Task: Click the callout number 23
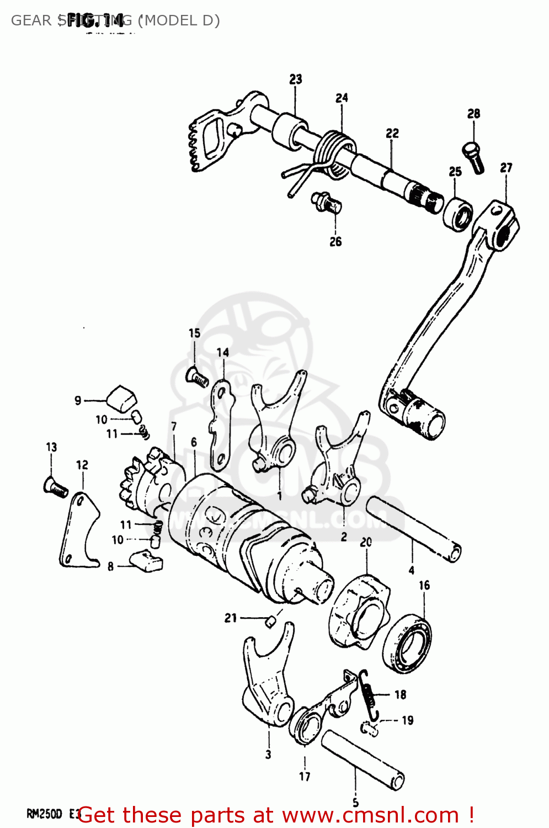coord(296,79)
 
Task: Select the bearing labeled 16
coord(408,644)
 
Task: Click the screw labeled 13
coord(55,487)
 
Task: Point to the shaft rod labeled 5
coord(363,760)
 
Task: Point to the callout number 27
coord(506,167)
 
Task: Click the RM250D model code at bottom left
coord(44,814)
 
